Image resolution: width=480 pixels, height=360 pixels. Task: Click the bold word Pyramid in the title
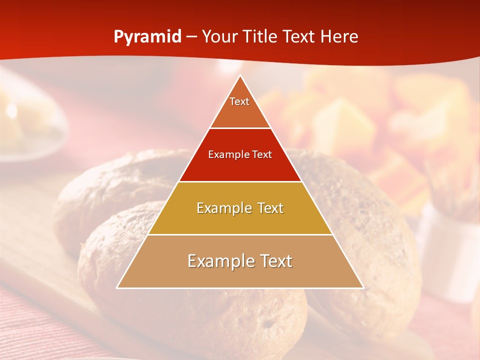pos(147,37)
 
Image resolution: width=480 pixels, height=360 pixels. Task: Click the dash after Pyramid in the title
pos(191,37)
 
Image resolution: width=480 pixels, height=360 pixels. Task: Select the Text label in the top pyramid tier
pos(239,101)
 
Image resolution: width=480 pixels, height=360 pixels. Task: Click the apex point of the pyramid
pos(240,76)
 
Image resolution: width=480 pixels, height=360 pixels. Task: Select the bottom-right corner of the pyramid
pos(363,287)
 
